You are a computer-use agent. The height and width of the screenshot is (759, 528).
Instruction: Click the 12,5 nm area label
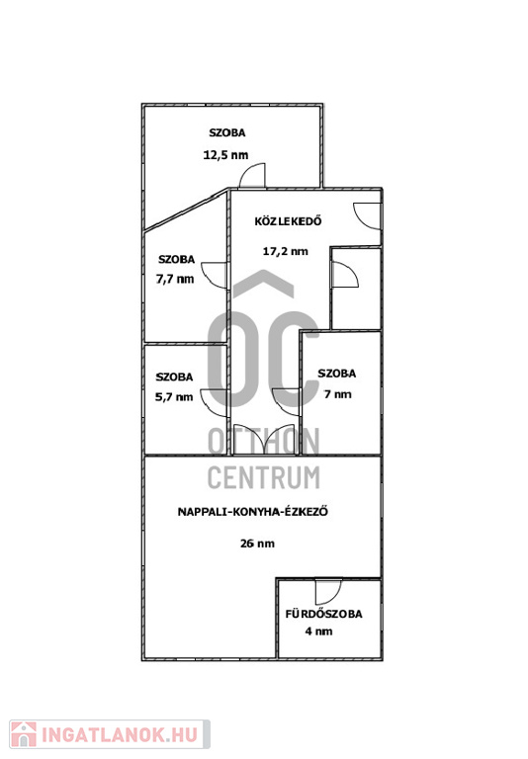pyautogui.click(x=225, y=155)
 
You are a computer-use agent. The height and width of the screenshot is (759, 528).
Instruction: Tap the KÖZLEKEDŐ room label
pyautogui.click(x=288, y=221)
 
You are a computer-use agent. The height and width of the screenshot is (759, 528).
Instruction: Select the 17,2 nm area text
pyautogui.click(x=286, y=251)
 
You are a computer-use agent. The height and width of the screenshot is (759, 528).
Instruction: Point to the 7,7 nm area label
pyautogui.click(x=175, y=279)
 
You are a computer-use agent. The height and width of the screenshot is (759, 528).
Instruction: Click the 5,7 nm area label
pyautogui.click(x=174, y=397)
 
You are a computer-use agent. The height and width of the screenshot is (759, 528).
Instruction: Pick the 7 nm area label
pyautogui.click(x=337, y=394)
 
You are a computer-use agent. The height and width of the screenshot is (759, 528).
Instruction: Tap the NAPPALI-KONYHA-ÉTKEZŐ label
pyautogui.click(x=253, y=512)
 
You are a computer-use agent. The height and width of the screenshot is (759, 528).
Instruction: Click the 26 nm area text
pyautogui.click(x=257, y=544)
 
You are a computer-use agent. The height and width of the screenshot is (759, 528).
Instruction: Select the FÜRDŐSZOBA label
pyautogui.click(x=323, y=614)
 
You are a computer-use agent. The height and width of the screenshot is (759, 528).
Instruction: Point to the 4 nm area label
pyautogui.click(x=318, y=632)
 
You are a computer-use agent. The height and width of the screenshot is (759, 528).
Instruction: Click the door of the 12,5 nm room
pyautogui.click(x=253, y=176)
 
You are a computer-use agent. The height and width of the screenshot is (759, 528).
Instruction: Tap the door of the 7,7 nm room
pyautogui.click(x=215, y=275)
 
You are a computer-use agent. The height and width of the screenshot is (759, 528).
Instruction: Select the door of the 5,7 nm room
pyautogui.click(x=215, y=403)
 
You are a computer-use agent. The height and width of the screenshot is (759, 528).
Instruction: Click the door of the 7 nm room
pyautogui.click(x=287, y=402)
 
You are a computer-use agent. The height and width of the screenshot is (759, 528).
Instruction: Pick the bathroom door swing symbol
pyautogui.click(x=328, y=591)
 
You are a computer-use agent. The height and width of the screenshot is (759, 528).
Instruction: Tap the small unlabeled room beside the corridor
pyautogui.click(x=356, y=289)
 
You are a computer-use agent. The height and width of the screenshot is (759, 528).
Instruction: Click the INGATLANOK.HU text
pyautogui.click(x=120, y=735)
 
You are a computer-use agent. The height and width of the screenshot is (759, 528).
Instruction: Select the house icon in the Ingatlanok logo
pyautogui.click(x=24, y=734)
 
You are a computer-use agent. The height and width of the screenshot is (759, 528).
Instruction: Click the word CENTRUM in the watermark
pyautogui.click(x=264, y=477)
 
